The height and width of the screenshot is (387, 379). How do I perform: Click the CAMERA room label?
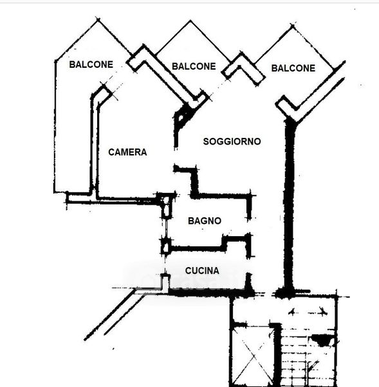coord(127,152)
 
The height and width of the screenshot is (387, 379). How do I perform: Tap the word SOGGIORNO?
coord(232,141)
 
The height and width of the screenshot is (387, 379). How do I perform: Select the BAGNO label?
coord(205,221)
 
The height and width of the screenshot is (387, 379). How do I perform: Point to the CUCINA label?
coord(202,271)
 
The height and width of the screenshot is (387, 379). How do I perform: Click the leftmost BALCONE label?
coord(91,64)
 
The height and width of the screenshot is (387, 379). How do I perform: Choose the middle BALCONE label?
coord(194,66)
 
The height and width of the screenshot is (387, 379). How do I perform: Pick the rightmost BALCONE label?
coord(293,68)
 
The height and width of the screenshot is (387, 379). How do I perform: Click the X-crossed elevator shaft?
coord(252,356)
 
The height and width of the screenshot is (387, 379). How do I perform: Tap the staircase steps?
coord(308,358)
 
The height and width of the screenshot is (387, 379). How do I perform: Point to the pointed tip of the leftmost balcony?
coord(98,19)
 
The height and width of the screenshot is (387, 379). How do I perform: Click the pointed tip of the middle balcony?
coord(190,21)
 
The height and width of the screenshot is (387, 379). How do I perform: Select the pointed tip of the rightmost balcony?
coord(293,26)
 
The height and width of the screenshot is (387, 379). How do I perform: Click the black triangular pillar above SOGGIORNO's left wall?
coord(181,116)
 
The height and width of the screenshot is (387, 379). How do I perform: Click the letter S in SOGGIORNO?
coord(206,141)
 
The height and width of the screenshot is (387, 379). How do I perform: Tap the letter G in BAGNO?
coord(205,221)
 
